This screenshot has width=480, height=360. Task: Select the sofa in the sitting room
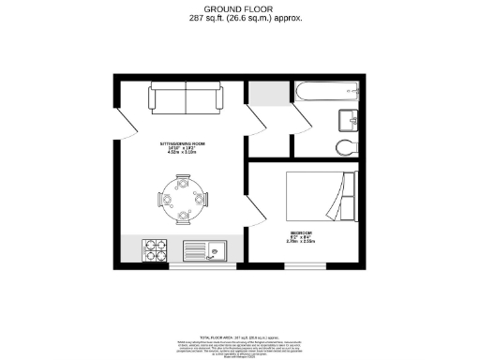click(x=185, y=98)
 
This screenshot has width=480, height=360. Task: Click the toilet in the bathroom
click(x=345, y=146)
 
